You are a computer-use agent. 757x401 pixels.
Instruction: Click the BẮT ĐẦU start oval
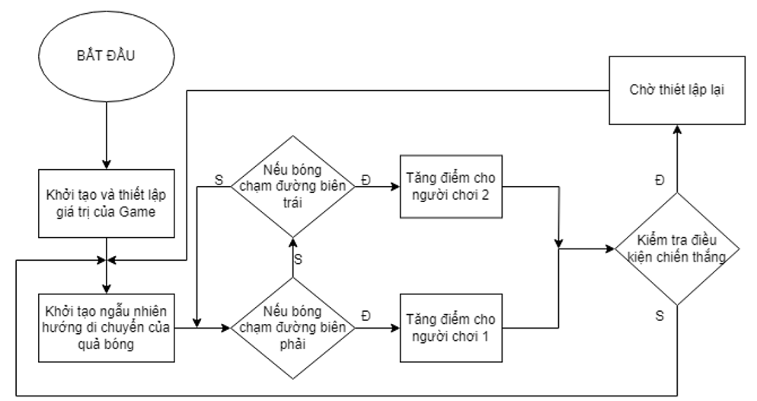click(106, 58)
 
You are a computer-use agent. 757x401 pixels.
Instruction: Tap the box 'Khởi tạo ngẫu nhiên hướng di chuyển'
click(106, 326)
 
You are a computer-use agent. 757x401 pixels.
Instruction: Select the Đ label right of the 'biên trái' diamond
click(369, 179)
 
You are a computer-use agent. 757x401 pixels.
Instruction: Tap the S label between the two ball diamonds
click(298, 259)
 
